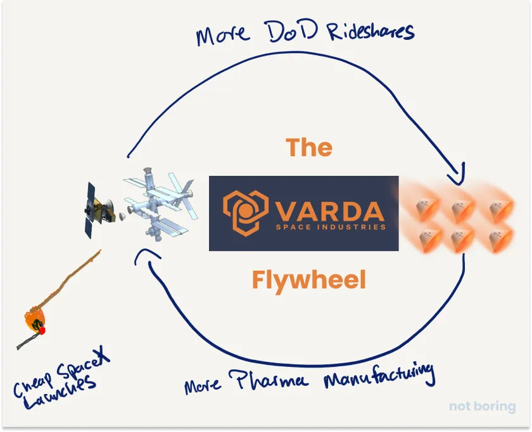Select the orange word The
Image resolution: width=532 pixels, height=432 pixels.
tap(309, 147)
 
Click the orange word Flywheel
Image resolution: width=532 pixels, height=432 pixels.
tap(309, 279)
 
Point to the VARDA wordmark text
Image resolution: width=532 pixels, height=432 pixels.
tap(329, 209)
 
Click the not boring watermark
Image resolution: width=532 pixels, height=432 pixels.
tap(483, 407)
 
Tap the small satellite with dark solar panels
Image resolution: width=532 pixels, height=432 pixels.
tap(98, 206)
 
